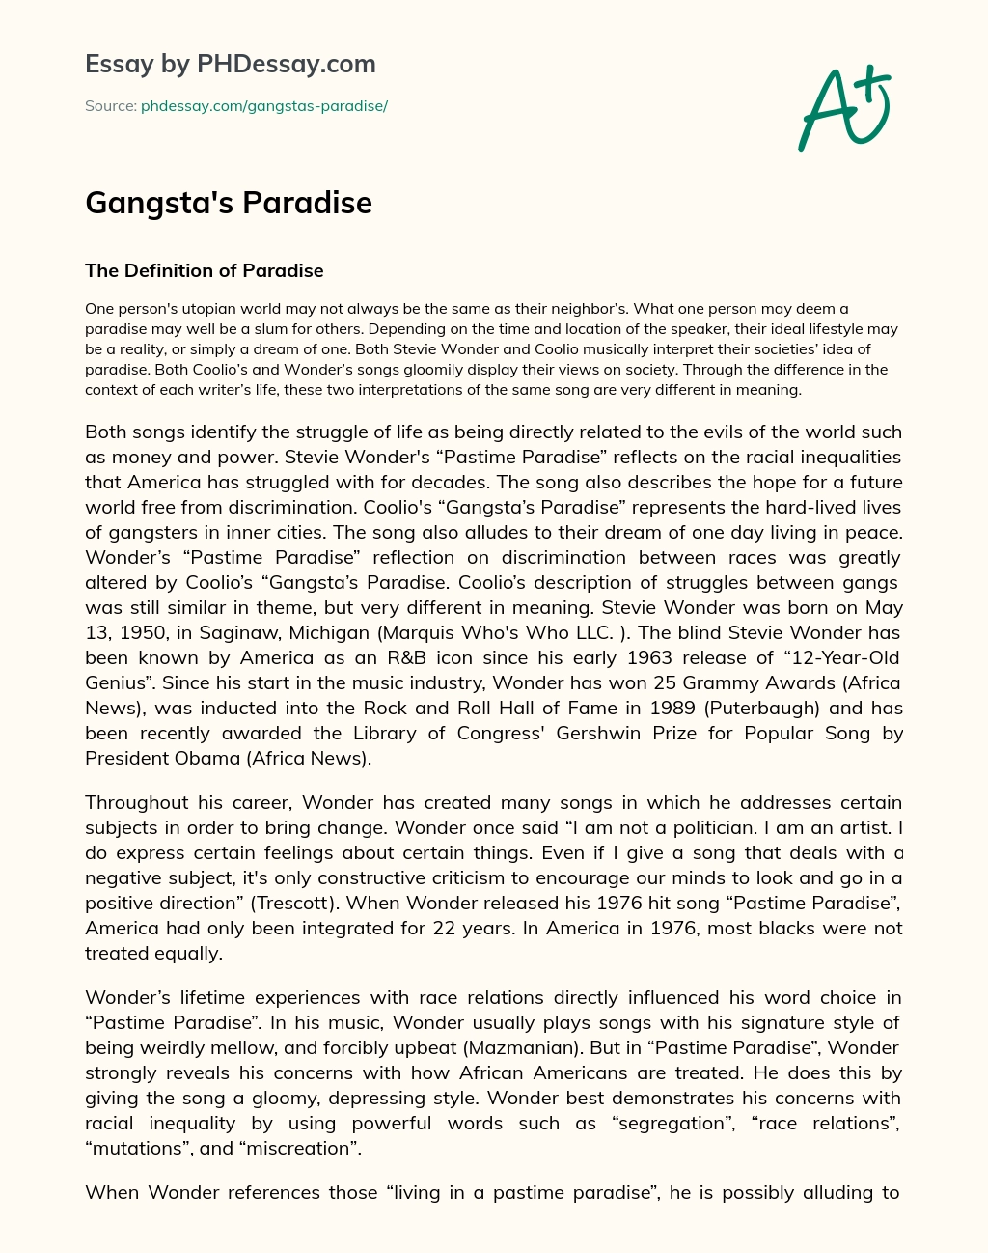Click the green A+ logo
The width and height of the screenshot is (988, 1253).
pos(843,107)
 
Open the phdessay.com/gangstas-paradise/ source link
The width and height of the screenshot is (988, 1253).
pos(264,106)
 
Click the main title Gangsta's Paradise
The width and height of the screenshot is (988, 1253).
pos(229,203)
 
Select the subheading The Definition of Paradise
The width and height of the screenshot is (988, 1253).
pos(205,270)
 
